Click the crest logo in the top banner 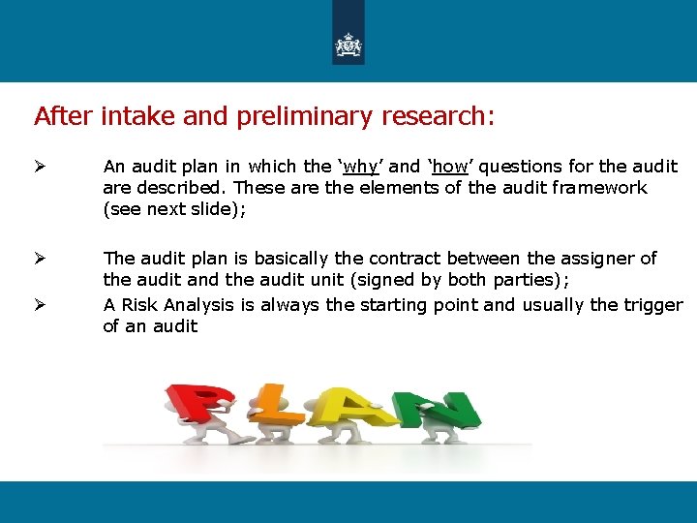[x=348, y=45]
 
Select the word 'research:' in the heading [x=438, y=117]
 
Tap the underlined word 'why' [x=354, y=167]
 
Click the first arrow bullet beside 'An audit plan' [x=40, y=167]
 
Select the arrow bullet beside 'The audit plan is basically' [x=40, y=259]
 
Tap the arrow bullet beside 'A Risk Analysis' [x=40, y=305]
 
